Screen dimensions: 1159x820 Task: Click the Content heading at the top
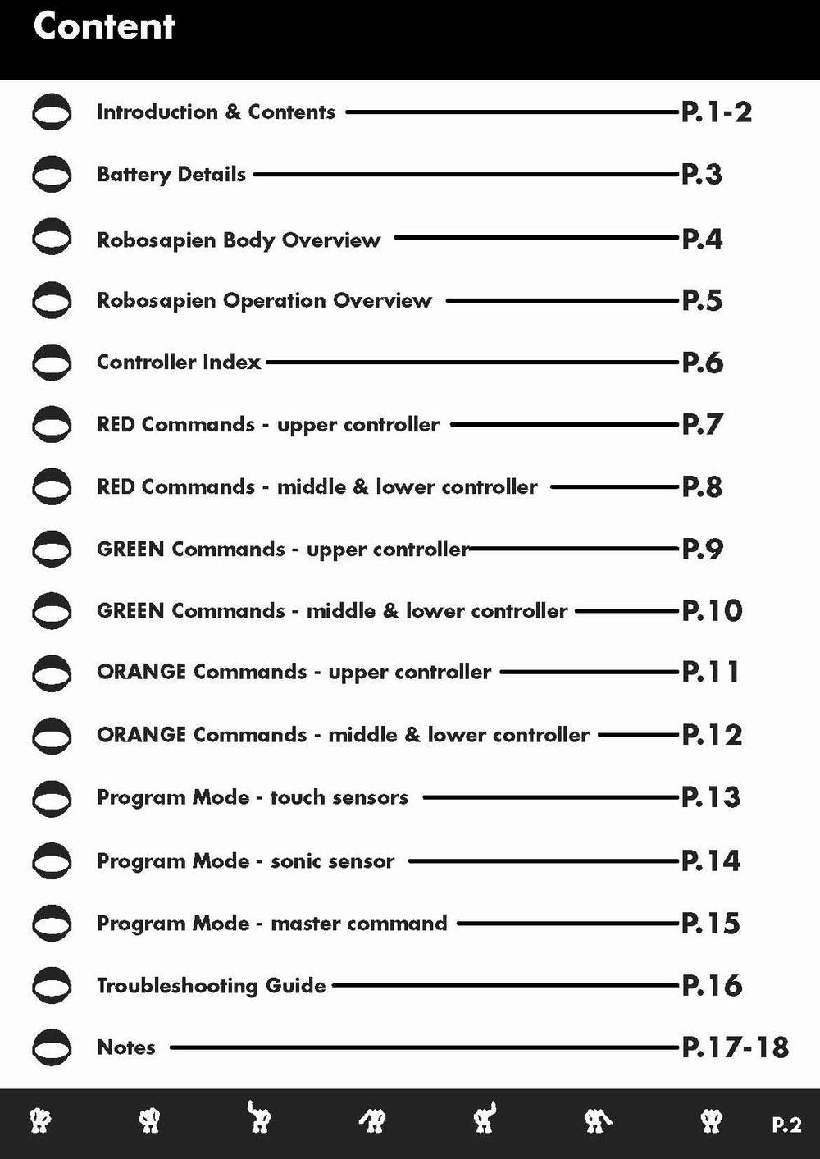(x=104, y=26)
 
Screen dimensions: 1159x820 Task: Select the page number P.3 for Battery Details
(x=702, y=175)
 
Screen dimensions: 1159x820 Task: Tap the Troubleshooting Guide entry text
(x=211, y=985)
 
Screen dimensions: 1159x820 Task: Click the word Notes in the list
(x=125, y=1047)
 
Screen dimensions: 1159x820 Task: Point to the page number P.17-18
(x=735, y=1047)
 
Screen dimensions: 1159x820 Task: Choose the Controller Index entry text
(x=178, y=362)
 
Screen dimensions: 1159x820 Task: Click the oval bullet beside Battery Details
(x=52, y=174)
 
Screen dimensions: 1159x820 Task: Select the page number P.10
(x=712, y=611)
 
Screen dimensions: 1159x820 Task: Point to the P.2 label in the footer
(x=786, y=1125)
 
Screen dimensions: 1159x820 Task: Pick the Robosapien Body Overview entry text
(x=238, y=240)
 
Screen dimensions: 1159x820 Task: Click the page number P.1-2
(x=716, y=112)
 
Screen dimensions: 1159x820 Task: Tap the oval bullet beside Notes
(x=52, y=1047)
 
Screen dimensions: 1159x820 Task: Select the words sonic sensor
(x=332, y=861)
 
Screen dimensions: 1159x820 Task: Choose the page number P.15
(x=711, y=924)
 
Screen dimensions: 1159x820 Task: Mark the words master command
(x=358, y=924)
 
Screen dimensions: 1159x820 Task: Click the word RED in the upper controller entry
(x=115, y=425)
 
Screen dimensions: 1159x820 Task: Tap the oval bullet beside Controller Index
(x=52, y=362)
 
